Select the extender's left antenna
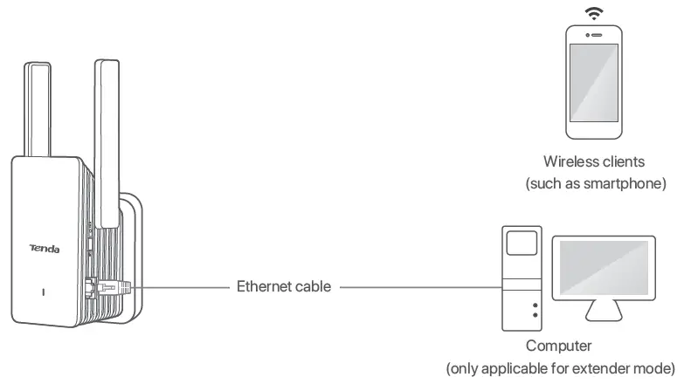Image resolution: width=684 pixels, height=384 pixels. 38,109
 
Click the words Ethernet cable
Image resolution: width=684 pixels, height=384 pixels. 284,286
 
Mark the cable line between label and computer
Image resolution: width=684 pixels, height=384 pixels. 419,286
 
